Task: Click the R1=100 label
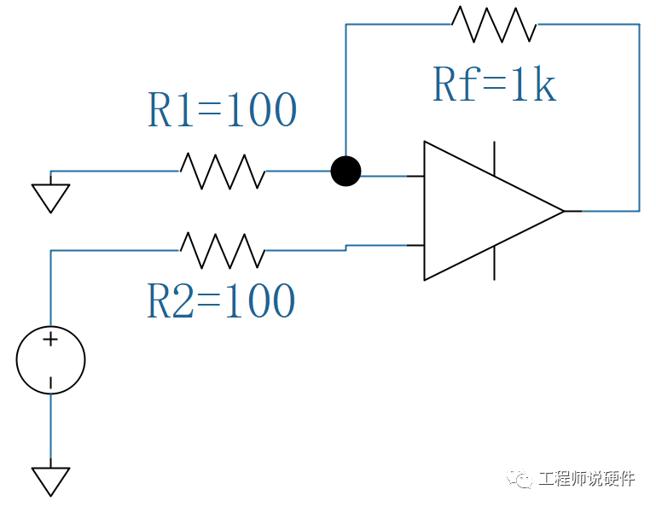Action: click(x=222, y=110)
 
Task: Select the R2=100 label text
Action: click(x=221, y=300)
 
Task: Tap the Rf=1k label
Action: click(x=494, y=84)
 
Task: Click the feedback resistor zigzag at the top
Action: click(x=494, y=24)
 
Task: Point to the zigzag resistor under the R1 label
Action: click(x=222, y=172)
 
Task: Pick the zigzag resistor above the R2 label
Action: click(x=222, y=250)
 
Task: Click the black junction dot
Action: click(x=345, y=172)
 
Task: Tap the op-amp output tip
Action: click(x=563, y=210)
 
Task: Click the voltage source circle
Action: click(x=50, y=360)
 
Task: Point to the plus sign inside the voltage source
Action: click(x=50, y=340)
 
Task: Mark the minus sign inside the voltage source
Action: click(x=50, y=382)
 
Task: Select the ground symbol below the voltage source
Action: click(x=50, y=481)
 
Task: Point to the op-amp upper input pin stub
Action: click(x=415, y=177)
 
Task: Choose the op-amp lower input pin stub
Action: click(x=415, y=245)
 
